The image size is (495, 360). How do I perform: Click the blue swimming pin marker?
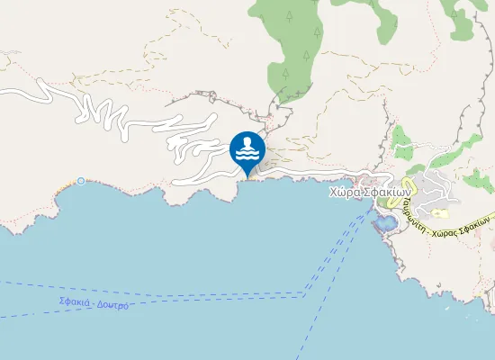tap(247, 151)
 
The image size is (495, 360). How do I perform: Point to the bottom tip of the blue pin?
tap(247, 176)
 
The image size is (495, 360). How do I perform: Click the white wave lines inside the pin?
tap(247, 157)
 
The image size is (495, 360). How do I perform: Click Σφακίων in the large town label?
tap(388, 191)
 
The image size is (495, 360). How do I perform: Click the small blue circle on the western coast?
tap(81, 181)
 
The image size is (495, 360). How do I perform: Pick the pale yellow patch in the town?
tap(440, 213)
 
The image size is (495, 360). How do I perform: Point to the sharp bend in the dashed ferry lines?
tap(306, 292)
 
